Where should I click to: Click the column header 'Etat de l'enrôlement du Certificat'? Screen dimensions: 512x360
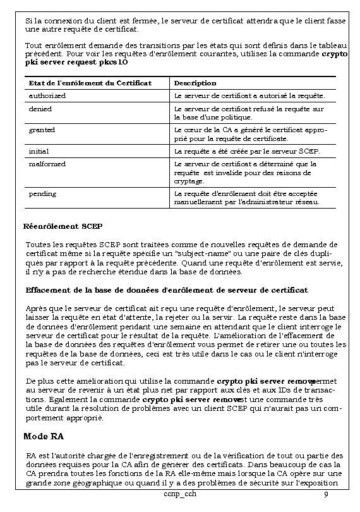[x=90, y=83]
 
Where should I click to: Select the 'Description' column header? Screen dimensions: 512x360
[x=195, y=83]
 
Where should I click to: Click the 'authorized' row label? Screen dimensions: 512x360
[x=47, y=95]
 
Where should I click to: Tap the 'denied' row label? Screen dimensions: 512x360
[x=40, y=109]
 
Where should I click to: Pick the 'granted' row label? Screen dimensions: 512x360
[x=42, y=130]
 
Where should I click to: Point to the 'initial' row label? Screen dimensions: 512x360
[x=39, y=152]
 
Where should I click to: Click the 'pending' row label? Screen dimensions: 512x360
[x=43, y=193]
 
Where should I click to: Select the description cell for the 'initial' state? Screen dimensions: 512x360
[x=247, y=152]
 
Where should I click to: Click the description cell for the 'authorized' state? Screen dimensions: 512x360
[x=249, y=95]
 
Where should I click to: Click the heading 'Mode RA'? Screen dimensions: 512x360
[x=44, y=436]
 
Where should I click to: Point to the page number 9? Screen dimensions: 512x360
[x=325, y=494]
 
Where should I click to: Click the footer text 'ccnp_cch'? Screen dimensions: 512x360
[x=179, y=493]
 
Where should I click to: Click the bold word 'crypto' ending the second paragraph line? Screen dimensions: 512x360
[x=334, y=54]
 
